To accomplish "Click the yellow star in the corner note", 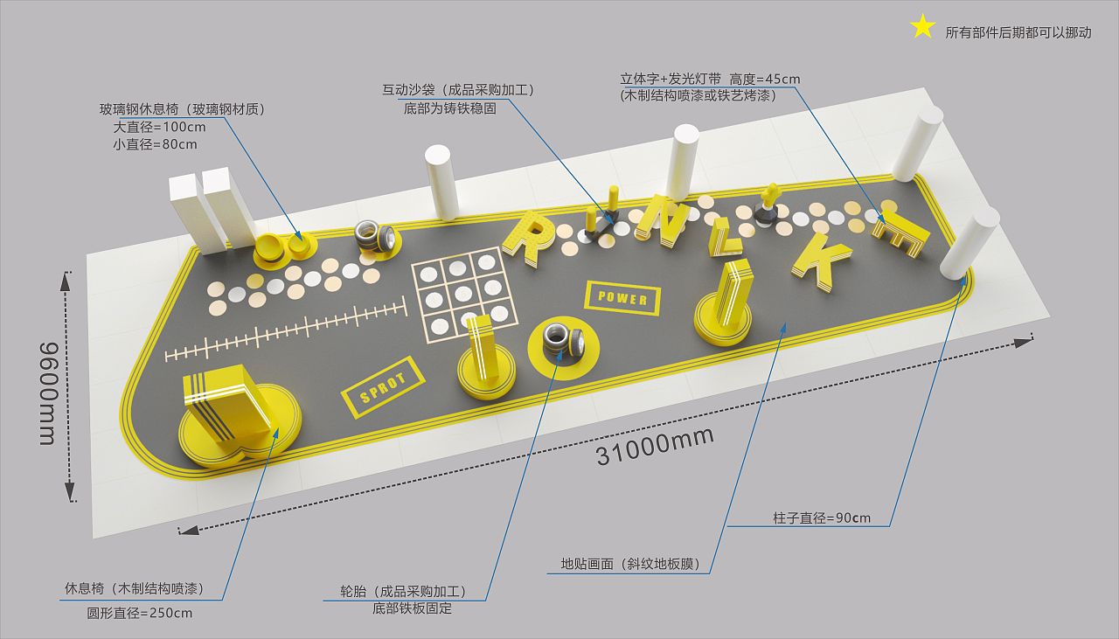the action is (x=922, y=27).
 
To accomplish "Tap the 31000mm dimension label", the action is (x=655, y=447).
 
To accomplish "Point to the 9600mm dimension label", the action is (x=48, y=393).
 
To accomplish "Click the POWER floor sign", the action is (x=622, y=298).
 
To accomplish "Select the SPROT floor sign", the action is (x=383, y=387).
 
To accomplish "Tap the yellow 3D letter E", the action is (x=900, y=233).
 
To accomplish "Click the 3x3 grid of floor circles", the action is (x=464, y=295).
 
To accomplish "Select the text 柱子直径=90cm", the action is (x=821, y=517).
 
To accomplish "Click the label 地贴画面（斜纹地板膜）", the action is (x=629, y=564).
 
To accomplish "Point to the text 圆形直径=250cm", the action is (x=139, y=613).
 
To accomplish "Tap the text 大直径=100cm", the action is (x=159, y=127).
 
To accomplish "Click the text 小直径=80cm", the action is (x=155, y=144).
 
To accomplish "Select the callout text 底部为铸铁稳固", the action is (x=450, y=108).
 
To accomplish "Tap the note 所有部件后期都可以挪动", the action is (x=1018, y=33).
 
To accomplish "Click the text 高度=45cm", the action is (x=764, y=79).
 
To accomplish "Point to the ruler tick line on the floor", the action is (x=285, y=330).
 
